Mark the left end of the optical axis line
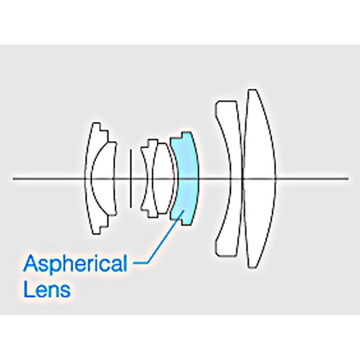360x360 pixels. coord(14,179)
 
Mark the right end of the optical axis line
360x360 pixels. coord(348,179)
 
